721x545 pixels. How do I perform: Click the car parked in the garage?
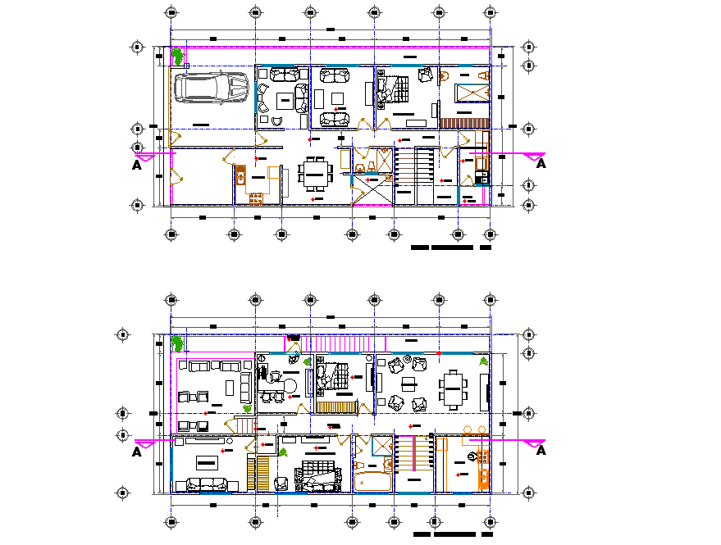click(x=211, y=88)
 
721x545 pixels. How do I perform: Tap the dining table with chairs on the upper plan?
click(x=315, y=173)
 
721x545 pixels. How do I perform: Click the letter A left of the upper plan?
click(x=136, y=165)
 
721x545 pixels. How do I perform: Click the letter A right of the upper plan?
click(x=541, y=165)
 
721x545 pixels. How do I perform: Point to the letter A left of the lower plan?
click(x=136, y=451)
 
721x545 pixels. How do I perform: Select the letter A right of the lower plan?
click(x=541, y=451)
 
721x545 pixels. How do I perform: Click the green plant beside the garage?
click(x=176, y=57)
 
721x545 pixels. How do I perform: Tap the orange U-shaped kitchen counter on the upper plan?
click(x=253, y=185)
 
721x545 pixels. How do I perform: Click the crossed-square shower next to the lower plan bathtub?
click(x=381, y=445)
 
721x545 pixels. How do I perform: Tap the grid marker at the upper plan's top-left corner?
click(x=170, y=12)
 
